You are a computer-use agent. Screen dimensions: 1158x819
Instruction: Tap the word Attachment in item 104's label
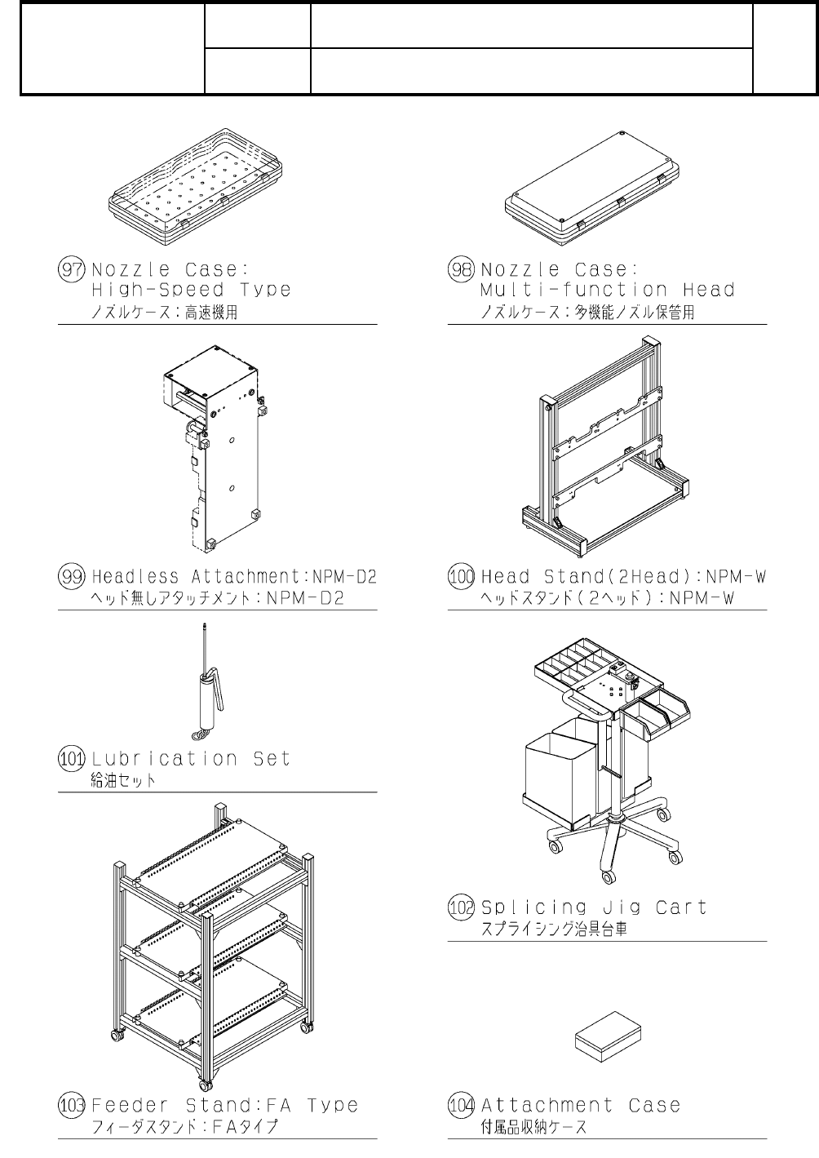tap(547, 1106)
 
